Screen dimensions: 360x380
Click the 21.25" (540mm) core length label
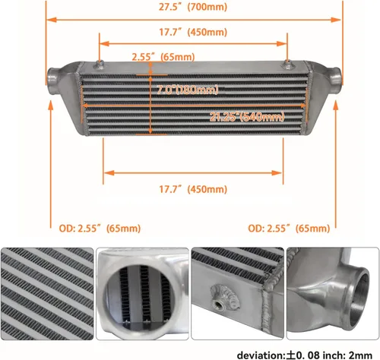[247, 117]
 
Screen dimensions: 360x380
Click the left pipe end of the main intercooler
[50, 77]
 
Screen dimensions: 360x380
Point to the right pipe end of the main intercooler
[335, 78]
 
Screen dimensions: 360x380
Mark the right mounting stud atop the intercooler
[287, 60]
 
